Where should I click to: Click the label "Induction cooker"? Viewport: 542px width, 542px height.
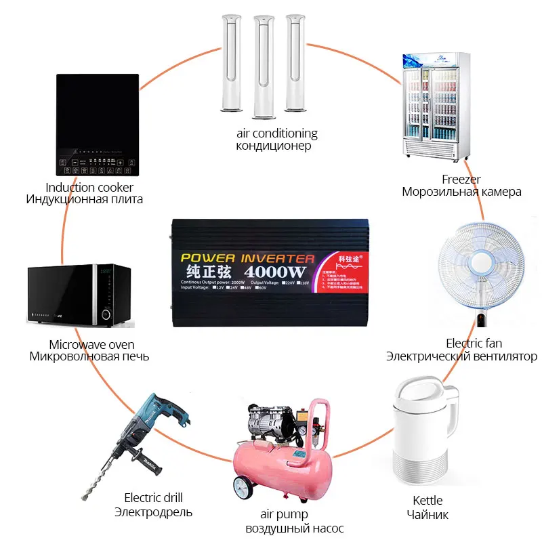89,187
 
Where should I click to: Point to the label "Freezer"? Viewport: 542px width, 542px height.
461,180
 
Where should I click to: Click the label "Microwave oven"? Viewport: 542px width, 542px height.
89,344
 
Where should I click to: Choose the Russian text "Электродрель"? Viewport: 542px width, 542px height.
153,512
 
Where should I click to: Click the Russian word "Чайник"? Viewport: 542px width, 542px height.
427,515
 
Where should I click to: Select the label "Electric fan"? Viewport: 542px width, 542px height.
474,343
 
